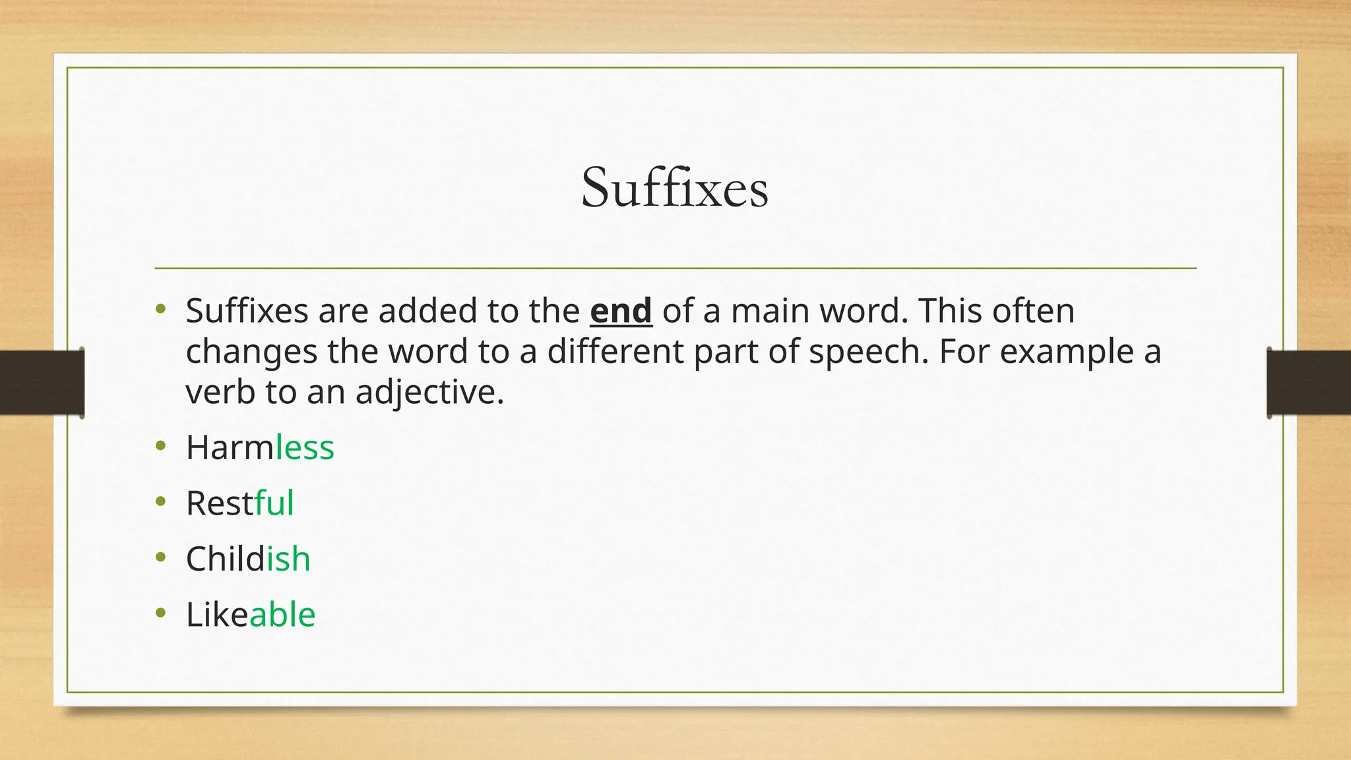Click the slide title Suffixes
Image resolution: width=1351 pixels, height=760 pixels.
point(674,188)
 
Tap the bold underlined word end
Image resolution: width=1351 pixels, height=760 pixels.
point(621,311)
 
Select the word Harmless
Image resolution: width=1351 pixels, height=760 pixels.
point(260,447)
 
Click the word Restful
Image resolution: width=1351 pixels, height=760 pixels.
point(239,503)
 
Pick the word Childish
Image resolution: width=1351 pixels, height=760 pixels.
point(248,559)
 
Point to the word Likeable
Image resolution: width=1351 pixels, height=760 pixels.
point(251,615)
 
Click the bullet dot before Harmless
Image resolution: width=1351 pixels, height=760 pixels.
point(161,446)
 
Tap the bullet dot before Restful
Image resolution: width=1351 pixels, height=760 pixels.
point(161,502)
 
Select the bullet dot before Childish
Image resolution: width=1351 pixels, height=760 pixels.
point(161,557)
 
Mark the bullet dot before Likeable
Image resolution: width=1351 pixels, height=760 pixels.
point(161,614)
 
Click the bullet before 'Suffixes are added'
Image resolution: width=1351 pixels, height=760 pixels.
point(161,309)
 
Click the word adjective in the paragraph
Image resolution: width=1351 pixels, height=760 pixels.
point(429,393)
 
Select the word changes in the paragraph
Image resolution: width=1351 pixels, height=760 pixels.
point(251,352)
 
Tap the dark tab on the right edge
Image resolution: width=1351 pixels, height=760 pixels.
point(1309,383)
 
